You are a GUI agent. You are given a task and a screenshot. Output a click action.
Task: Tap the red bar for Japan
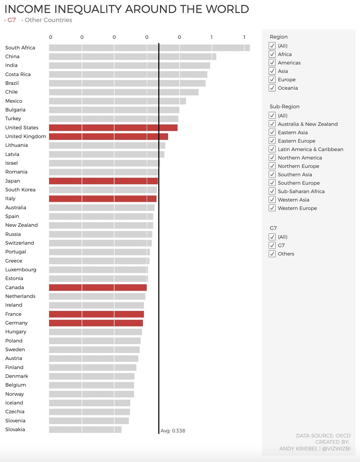(x=103, y=181)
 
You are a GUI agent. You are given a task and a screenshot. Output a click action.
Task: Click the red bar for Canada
(x=98, y=287)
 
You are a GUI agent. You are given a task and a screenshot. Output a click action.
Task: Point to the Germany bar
(x=96, y=323)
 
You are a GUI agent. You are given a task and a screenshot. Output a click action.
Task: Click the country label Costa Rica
(x=18, y=74)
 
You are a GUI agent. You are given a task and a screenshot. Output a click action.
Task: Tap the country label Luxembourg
(x=21, y=270)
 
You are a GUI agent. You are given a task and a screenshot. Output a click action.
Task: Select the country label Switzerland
(x=20, y=243)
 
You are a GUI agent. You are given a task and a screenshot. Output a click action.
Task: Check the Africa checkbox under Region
(x=272, y=54)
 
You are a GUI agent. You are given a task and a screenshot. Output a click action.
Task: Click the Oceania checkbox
(x=272, y=88)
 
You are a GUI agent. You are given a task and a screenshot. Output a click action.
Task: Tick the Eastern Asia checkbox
(x=272, y=133)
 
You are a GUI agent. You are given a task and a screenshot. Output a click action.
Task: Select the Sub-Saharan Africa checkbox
(x=272, y=191)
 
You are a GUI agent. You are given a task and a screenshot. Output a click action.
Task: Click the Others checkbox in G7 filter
(x=272, y=254)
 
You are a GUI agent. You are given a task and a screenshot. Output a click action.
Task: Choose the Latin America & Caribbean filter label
(x=310, y=149)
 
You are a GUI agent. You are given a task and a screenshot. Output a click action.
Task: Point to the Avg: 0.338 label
(x=173, y=431)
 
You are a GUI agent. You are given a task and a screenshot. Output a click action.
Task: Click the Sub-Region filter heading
(x=284, y=107)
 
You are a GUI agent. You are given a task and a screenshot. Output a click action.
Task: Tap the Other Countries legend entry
(x=48, y=20)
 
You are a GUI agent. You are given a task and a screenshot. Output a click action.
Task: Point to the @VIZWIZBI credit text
(x=336, y=449)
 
